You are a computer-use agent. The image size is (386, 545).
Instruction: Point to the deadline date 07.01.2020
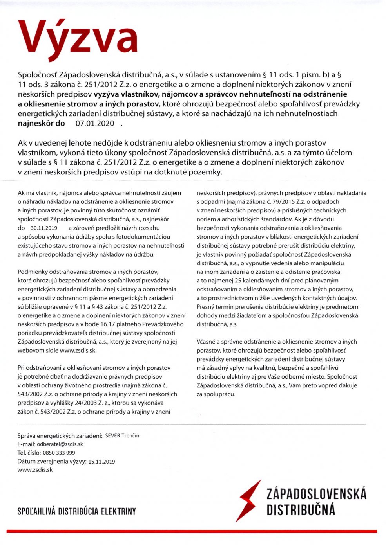click(95, 124)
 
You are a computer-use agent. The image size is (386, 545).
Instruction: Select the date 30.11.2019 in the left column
click(43, 228)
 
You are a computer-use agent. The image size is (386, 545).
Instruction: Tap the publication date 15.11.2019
click(101, 462)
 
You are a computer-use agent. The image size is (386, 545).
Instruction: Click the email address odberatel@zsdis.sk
click(60, 444)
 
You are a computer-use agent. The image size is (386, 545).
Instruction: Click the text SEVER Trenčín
click(122, 435)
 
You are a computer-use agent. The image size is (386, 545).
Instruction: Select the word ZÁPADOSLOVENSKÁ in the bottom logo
click(316, 494)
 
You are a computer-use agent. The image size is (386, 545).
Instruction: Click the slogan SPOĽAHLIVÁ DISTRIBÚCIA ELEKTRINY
click(77, 511)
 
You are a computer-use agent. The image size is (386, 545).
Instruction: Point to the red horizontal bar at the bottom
click(192, 531)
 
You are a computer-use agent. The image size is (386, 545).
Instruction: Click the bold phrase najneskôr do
click(42, 124)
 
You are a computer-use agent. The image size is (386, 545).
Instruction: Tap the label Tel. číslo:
click(29, 453)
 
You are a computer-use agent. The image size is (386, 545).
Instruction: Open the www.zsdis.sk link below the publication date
click(35, 470)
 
